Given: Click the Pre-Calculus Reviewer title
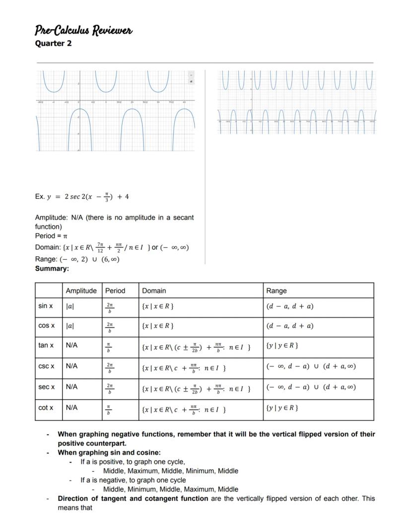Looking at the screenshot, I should coord(83,31).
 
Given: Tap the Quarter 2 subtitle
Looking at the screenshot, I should coord(53,43).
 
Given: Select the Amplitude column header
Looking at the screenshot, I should coord(81,291).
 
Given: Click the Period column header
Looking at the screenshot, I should coord(115,291).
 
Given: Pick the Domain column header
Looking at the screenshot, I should coord(154,291).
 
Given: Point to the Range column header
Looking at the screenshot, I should coord(276,291).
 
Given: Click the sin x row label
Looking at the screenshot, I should coord(46,306).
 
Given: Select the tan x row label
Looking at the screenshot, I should coord(46,345).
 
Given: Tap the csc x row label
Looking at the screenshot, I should coord(46,366).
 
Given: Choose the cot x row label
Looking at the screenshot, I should coord(46,408).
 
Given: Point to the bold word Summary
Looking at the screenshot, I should coord(52,268).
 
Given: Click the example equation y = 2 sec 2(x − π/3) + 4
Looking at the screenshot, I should coord(82,196).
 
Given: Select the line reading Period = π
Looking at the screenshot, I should coord(51,235).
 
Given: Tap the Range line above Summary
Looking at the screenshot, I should coord(77,259).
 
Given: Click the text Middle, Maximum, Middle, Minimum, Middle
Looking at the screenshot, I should coord(170,470).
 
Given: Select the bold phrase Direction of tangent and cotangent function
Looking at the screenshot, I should coord(133,498).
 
